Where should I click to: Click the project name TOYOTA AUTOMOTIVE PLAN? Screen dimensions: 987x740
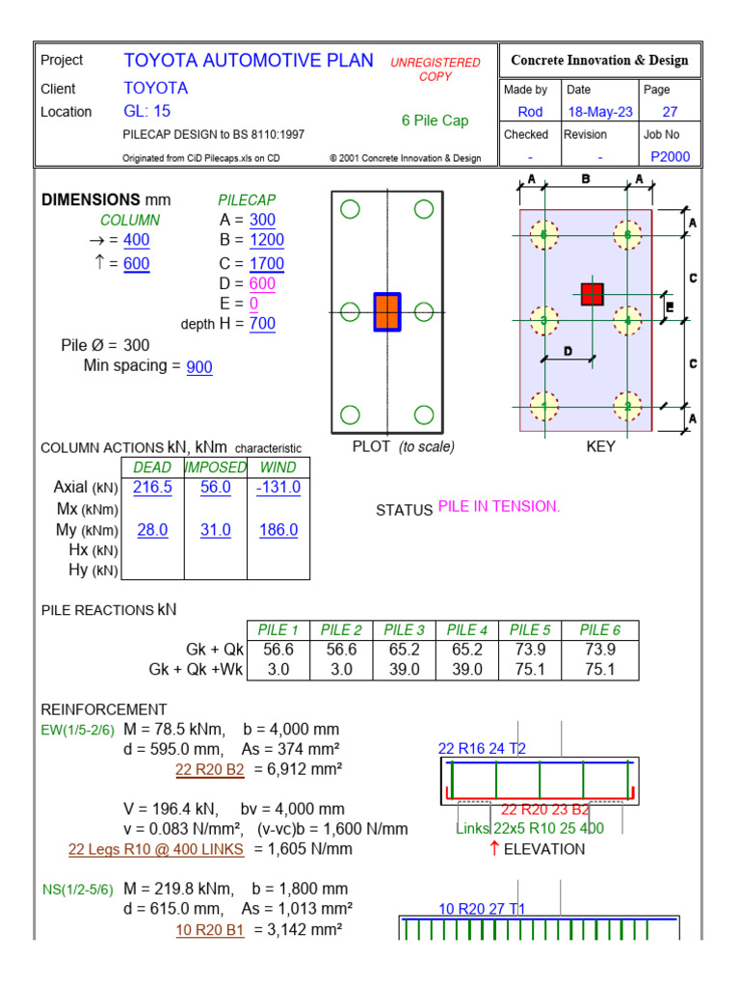coord(249,61)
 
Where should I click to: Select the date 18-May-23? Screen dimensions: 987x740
coord(600,112)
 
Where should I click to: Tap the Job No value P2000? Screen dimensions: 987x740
coord(671,157)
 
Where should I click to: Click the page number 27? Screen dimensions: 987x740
coord(670,112)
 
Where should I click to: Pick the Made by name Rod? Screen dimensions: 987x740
coord(530,112)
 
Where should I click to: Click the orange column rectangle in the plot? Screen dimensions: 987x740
coord(387,312)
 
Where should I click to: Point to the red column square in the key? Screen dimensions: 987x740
coord(592,294)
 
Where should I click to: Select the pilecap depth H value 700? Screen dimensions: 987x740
coord(262,324)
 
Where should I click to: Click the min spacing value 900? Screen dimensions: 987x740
coord(199,367)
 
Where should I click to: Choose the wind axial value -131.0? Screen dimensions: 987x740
coord(278,488)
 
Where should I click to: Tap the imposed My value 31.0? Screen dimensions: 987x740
coord(216,530)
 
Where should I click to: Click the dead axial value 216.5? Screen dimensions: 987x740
coord(152,488)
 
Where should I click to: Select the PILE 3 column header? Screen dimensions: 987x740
coord(405,630)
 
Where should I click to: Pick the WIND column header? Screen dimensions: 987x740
coord(278,467)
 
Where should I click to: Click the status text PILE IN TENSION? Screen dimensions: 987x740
coord(499,507)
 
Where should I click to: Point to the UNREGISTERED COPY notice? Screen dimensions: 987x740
coord(435,68)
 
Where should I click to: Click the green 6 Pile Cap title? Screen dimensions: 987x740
coord(435,120)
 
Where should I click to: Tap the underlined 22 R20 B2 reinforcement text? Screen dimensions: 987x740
coord(209,769)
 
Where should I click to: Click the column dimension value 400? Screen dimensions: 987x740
coord(136,240)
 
